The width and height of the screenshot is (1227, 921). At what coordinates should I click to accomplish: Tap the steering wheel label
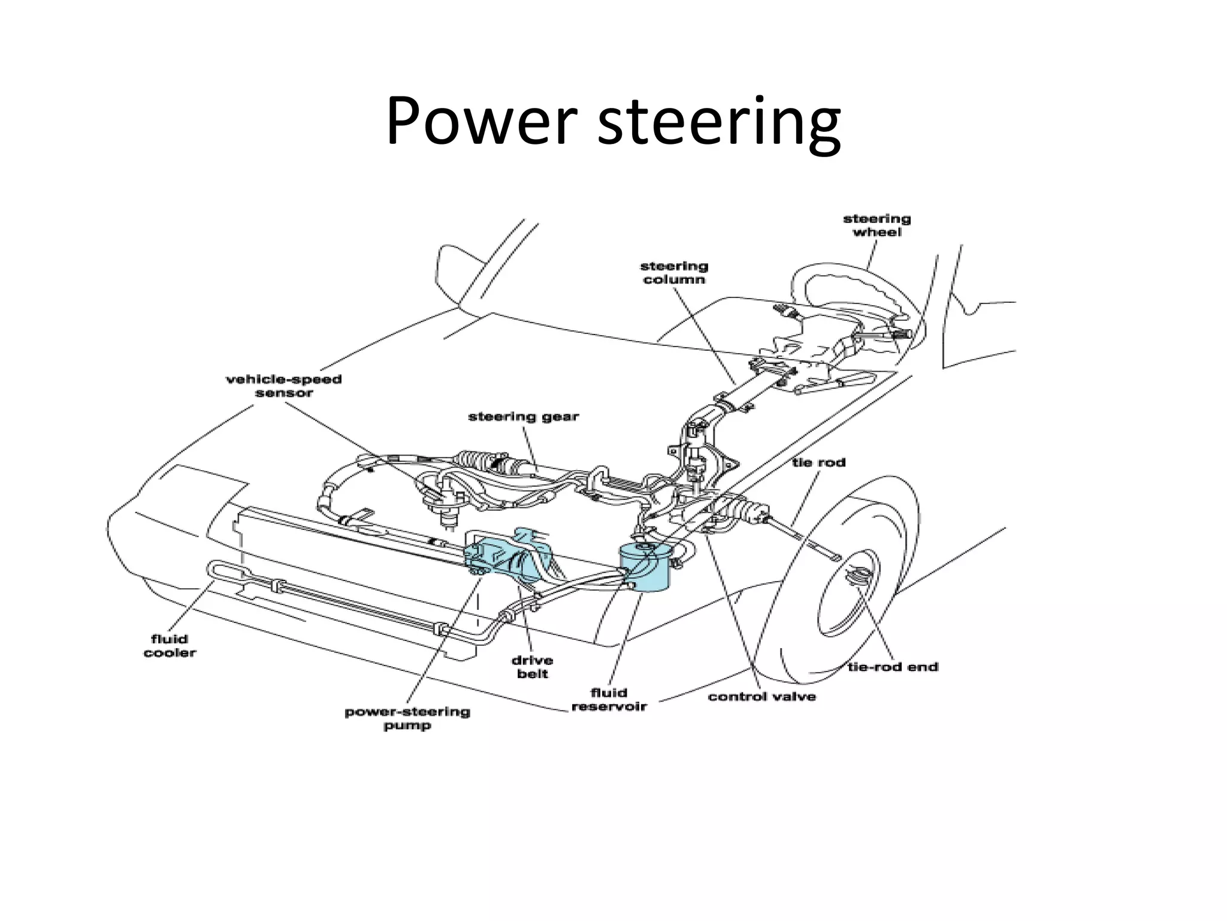click(877, 225)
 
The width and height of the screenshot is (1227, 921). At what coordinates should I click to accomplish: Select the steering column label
click(674, 273)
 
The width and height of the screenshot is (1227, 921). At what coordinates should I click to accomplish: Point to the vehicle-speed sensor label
click(283, 386)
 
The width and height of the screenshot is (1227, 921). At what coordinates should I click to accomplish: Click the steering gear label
click(523, 416)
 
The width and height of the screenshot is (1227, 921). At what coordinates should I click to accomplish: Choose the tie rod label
click(818, 462)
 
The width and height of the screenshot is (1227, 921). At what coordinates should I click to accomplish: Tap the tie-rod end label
click(893, 667)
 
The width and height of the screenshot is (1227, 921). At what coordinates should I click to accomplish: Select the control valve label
click(761, 696)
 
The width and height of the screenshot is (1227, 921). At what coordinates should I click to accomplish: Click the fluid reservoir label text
click(609, 699)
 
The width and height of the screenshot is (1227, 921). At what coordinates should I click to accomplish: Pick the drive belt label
click(532, 667)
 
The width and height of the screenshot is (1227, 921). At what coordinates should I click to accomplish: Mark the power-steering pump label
click(407, 718)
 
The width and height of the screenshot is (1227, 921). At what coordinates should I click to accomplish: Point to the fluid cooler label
click(170, 646)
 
